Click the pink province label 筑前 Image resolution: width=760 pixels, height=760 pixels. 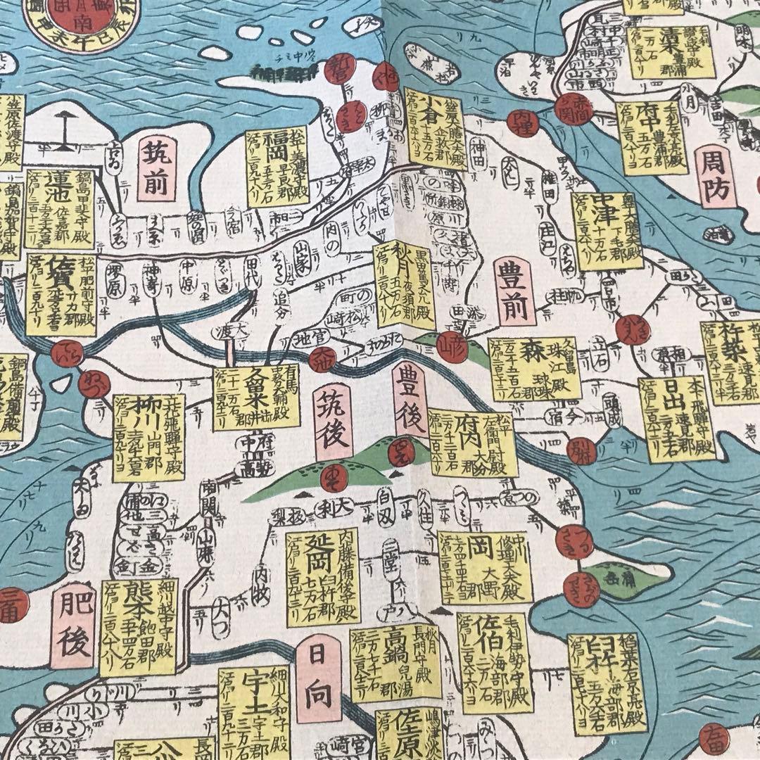(x=156, y=167)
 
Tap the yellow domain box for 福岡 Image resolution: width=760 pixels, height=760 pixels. (x=277, y=167)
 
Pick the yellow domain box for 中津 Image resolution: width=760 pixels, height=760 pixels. (x=607, y=230)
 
